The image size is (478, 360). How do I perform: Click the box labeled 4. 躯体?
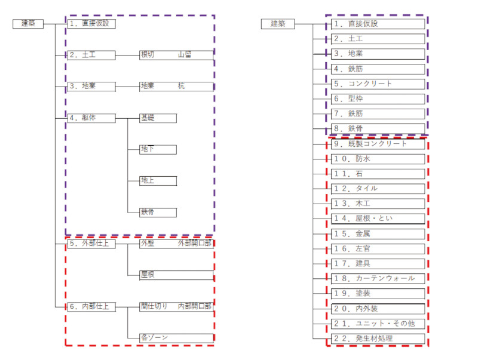[91, 118]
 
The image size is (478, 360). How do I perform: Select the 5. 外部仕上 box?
[91, 244]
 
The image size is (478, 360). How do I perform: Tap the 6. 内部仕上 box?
[91, 307]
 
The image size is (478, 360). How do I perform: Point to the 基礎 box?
[158, 118]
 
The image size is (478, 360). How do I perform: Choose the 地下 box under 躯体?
[158, 149]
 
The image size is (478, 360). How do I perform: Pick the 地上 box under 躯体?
[158, 181]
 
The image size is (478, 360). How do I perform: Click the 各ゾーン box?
[176, 338]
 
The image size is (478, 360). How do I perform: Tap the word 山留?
[185, 55]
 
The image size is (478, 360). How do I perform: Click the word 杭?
[182, 86]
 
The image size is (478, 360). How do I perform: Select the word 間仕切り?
[154, 306]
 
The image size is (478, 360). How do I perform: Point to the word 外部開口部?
[195, 243]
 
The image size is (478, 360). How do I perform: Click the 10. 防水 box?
[378, 159]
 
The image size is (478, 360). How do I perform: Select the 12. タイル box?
[378, 189]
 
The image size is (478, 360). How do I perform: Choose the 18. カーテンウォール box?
[378, 279]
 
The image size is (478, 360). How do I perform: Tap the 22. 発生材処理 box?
[378, 339]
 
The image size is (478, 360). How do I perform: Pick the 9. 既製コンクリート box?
[378, 144]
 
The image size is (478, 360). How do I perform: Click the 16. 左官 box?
[378, 249]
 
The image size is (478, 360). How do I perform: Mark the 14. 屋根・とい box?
[378, 219]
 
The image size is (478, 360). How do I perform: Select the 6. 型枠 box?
[378, 99]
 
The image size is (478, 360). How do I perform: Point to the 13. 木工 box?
[378, 204]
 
